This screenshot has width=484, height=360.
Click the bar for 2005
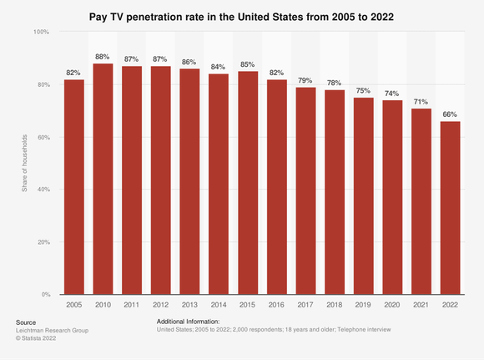(73, 187)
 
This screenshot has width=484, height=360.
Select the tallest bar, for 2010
(103, 179)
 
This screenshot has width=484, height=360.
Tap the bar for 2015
(247, 183)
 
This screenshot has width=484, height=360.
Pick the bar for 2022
(449, 208)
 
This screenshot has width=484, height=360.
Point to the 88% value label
(103, 57)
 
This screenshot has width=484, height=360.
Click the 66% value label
(449, 114)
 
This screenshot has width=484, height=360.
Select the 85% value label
(247, 64)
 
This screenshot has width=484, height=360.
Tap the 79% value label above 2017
(305, 80)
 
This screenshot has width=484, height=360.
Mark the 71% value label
(421, 101)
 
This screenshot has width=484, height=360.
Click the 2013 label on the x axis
(189, 305)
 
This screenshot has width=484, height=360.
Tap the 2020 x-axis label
(391, 305)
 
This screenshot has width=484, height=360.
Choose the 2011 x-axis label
(132, 305)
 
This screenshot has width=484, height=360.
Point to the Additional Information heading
(188, 322)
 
